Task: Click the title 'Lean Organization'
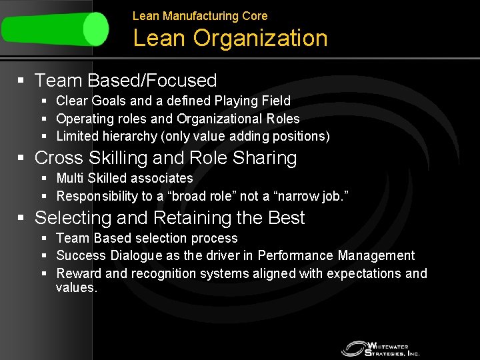tap(230, 39)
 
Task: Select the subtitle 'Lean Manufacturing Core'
tap(200, 15)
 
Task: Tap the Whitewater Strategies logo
tap(381, 348)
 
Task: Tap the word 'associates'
tap(163, 178)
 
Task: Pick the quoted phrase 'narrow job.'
tap(313, 196)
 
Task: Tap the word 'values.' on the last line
tap(77, 288)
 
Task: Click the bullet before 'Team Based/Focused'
tap(21, 81)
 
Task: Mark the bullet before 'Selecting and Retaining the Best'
tap(21, 218)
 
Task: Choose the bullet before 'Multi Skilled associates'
tap(44, 178)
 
